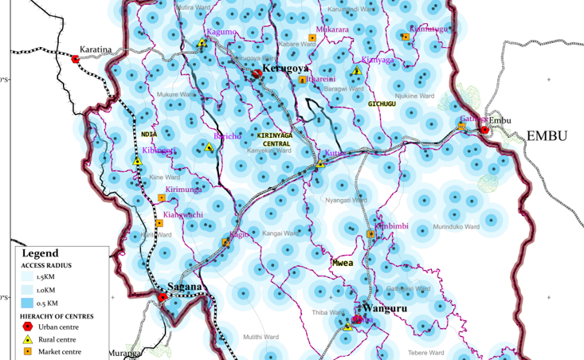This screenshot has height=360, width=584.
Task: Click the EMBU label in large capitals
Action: pyautogui.click(x=547, y=135)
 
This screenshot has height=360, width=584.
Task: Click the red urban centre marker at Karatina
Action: pyautogui.click(x=76, y=59)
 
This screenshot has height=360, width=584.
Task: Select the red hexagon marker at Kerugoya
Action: pyautogui.click(x=257, y=74)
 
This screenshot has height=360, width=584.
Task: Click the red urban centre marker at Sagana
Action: pyautogui.click(x=163, y=298)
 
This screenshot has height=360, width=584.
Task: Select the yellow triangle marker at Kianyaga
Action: pyautogui.click(x=357, y=71)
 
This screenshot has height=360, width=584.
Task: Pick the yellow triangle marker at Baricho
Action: pyautogui.click(x=209, y=147)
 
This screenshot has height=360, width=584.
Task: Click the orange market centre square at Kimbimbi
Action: pyautogui.click(x=370, y=234)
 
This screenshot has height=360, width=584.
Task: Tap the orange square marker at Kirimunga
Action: pyautogui.click(x=162, y=198)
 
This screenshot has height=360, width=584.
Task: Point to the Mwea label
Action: pyautogui.click(x=343, y=261)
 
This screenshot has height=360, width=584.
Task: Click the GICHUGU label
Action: pyautogui.click(x=382, y=104)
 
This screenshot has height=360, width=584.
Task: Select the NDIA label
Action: pyautogui.click(x=149, y=135)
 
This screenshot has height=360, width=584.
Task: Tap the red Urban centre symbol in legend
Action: pyautogui.click(x=29, y=327)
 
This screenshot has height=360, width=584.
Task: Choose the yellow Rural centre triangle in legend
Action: pyautogui.click(x=29, y=339)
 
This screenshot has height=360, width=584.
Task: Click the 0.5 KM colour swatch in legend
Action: pyautogui.click(x=29, y=303)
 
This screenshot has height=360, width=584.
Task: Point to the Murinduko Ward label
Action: pyautogui.click(x=456, y=227)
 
